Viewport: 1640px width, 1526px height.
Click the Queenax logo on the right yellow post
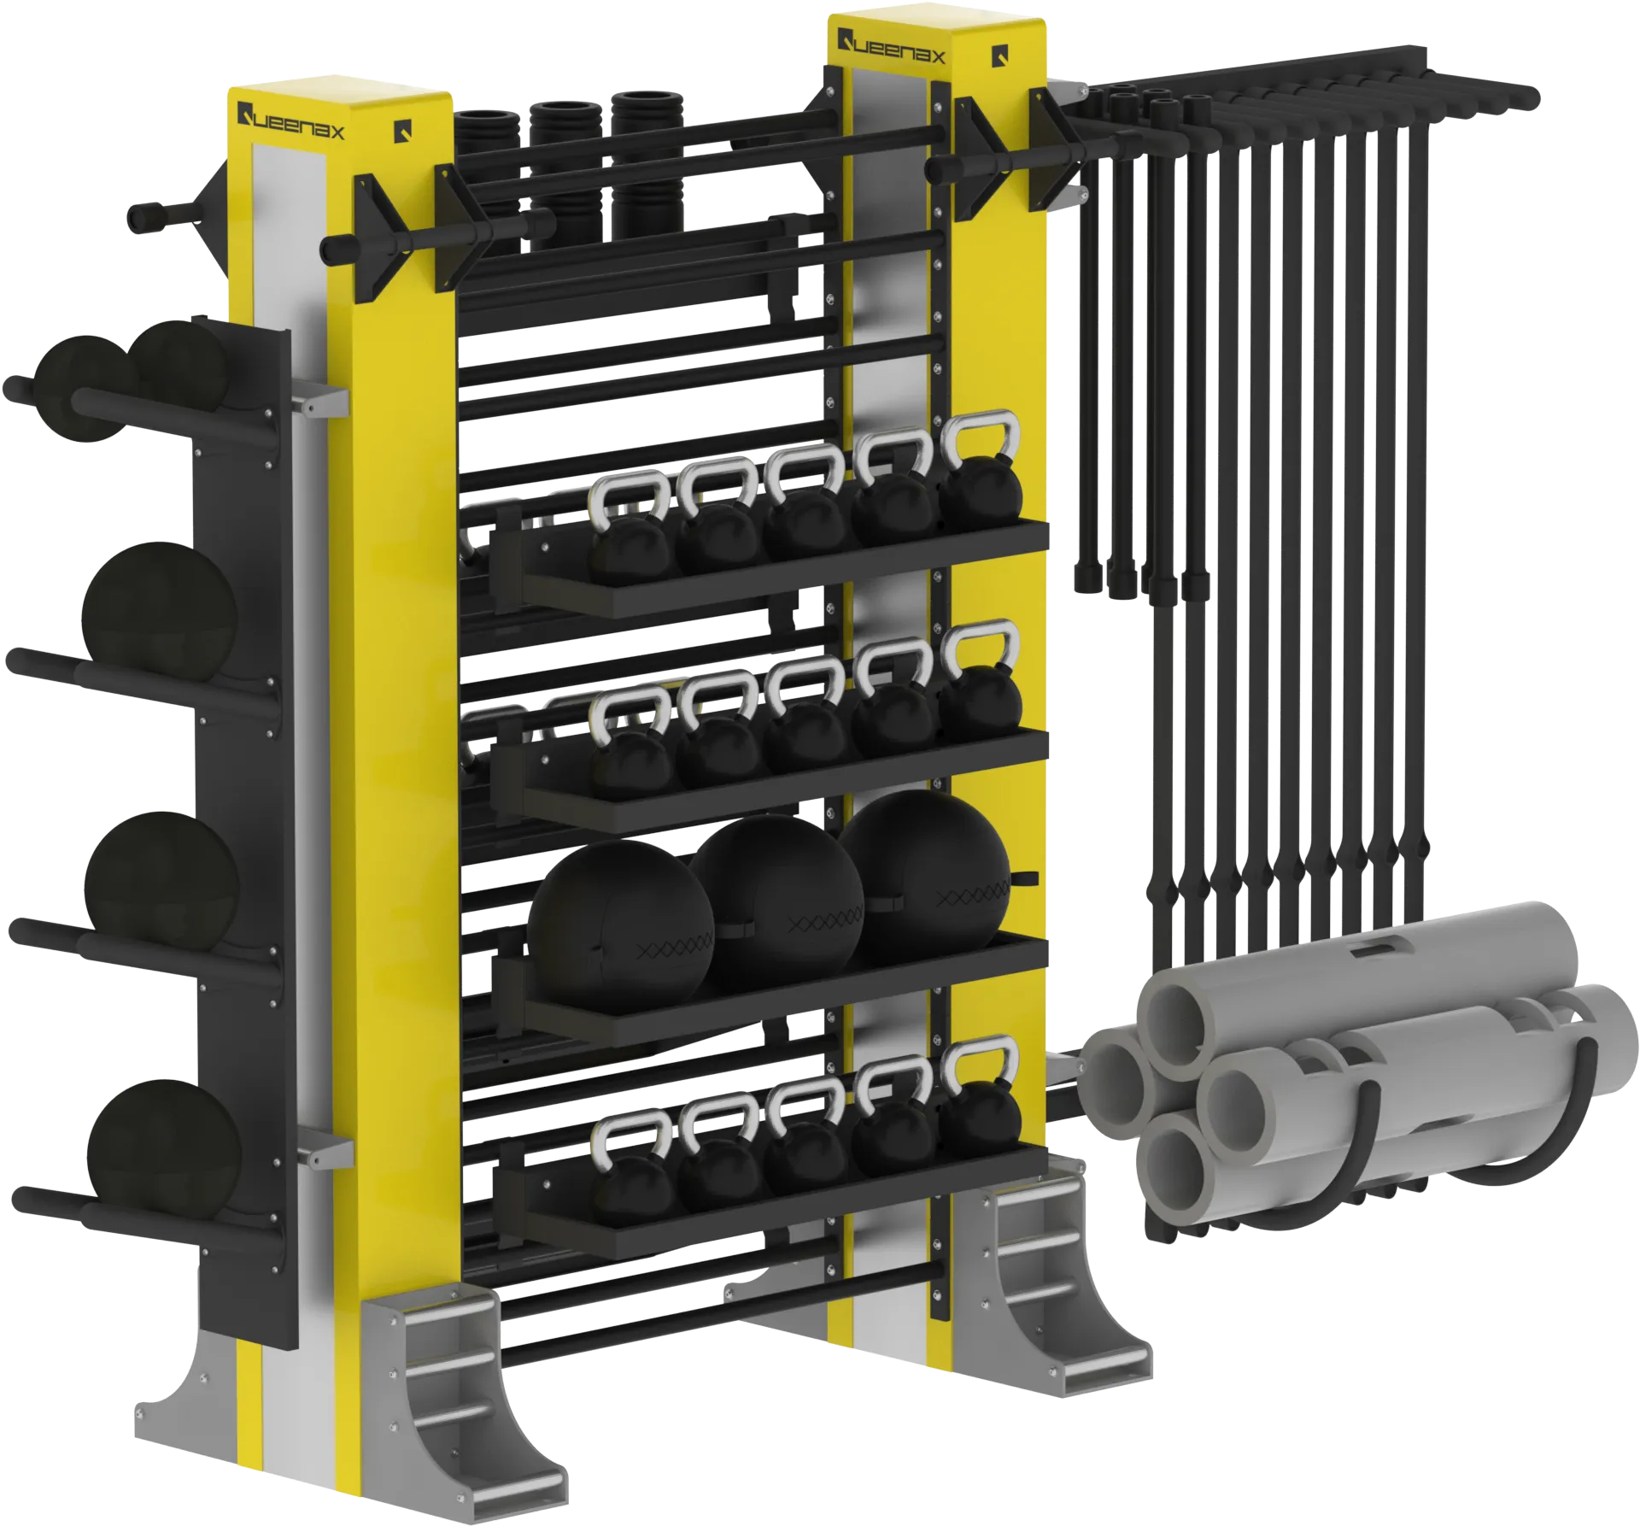coord(891,47)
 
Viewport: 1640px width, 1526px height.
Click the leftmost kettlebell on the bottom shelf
coord(632,1163)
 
